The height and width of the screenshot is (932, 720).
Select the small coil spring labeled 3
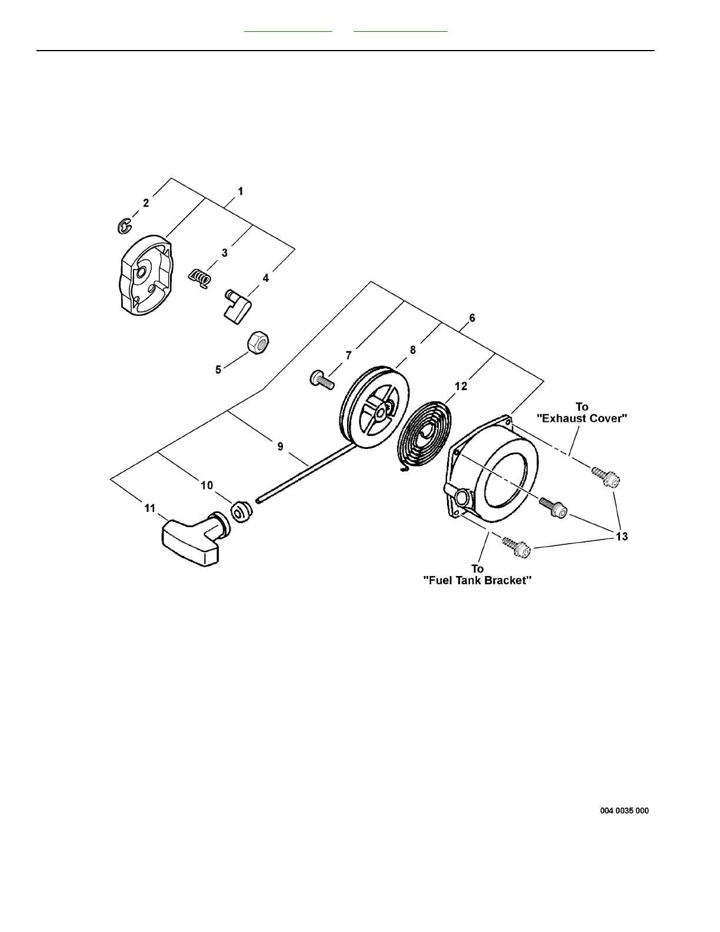point(201,278)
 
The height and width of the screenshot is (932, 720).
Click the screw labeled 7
point(321,380)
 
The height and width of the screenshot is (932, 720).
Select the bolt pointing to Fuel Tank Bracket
point(516,547)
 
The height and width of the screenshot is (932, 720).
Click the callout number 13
point(621,536)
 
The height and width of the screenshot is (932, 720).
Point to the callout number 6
point(472,318)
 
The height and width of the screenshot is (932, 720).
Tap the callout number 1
point(241,191)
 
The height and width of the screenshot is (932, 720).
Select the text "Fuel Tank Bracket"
point(478,580)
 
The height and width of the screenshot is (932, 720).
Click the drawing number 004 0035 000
point(624,811)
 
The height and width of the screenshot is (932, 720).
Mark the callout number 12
point(461,386)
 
